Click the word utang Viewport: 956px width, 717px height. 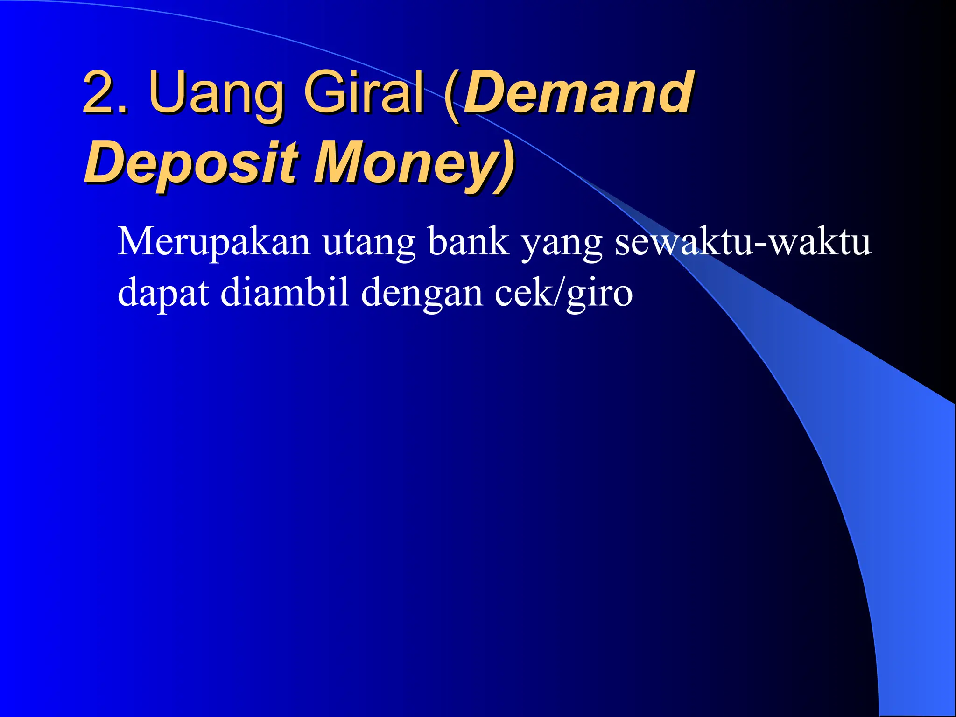(x=369, y=242)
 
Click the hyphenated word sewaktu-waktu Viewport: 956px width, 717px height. (x=742, y=242)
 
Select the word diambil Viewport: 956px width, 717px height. (x=284, y=292)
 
